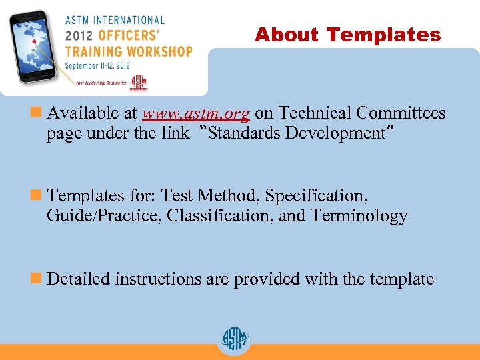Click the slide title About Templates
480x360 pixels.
(347, 35)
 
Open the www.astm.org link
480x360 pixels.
(196, 113)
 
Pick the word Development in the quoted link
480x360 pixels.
(335, 133)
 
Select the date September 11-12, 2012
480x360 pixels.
(98, 65)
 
